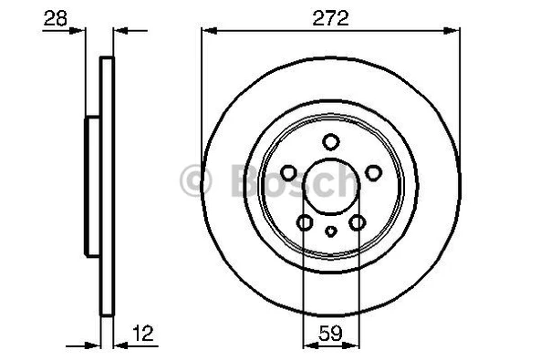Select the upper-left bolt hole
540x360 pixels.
288,173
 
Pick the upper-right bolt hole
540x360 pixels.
372,173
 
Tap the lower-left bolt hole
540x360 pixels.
304,222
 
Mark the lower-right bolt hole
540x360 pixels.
358,222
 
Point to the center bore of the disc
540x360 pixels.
330,188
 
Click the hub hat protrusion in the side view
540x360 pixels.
91,187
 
